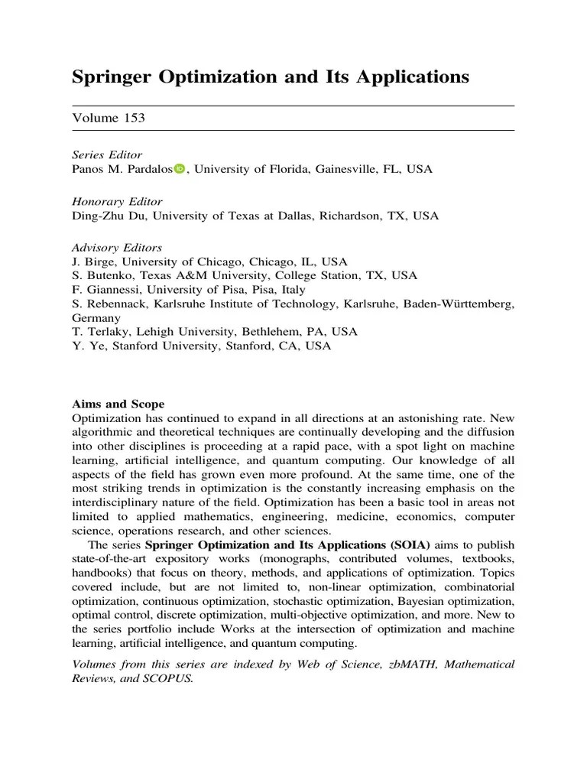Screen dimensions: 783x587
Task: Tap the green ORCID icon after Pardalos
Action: pos(179,169)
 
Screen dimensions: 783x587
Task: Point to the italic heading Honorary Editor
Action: pos(117,202)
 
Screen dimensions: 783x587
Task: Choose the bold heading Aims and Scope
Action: pos(118,404)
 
